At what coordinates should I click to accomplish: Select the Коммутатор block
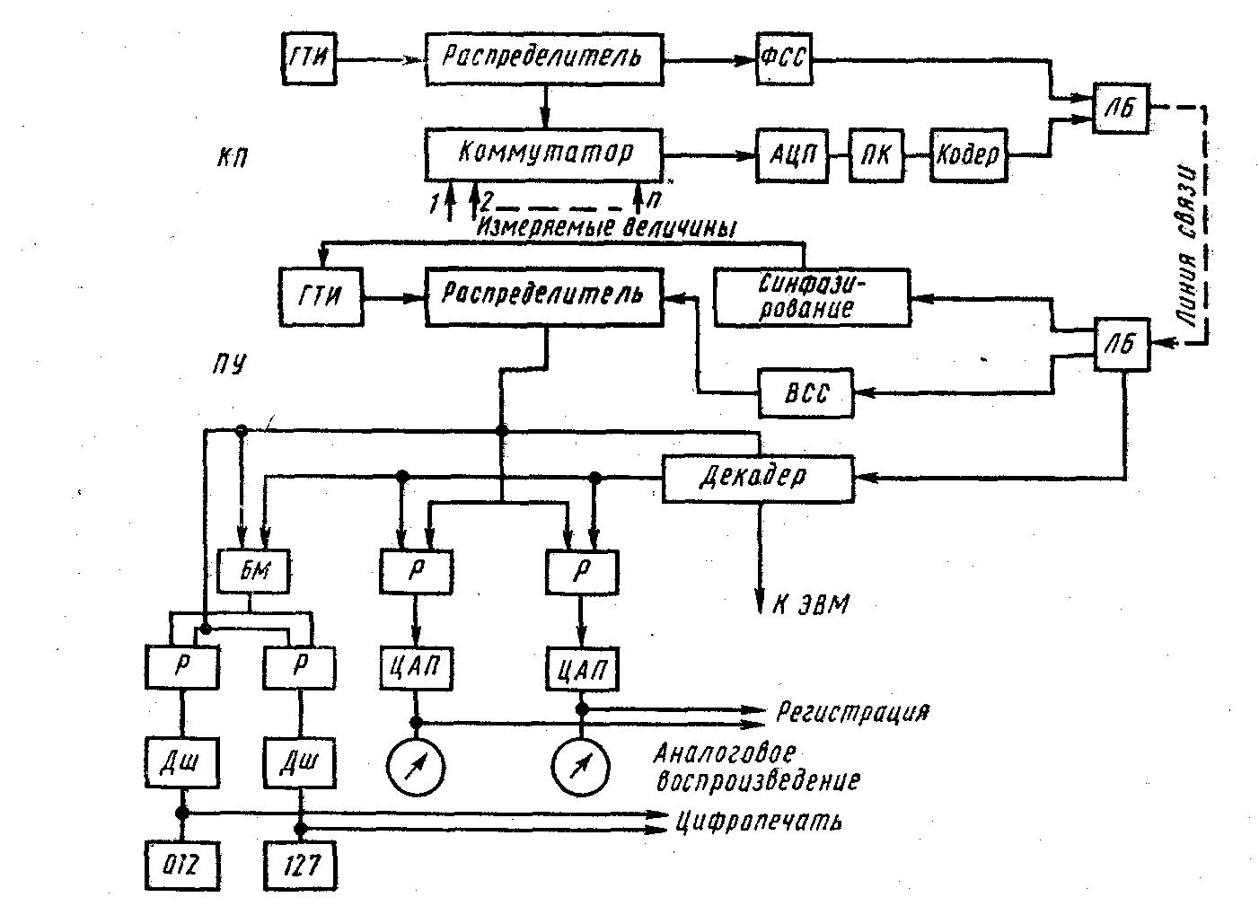tap(544, 154)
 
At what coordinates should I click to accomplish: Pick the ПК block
tap(877, 154)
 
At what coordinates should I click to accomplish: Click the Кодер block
tap(967, 154)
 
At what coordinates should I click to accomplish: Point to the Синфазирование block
tap(811, 297)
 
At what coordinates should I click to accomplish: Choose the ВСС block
tap(806, 392)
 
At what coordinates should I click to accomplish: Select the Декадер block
tap(758, 476)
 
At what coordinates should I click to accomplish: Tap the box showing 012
tap(181, 866)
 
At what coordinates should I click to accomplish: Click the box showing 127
tap(300, 866)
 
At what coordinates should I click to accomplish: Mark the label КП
tap(231, 159)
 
